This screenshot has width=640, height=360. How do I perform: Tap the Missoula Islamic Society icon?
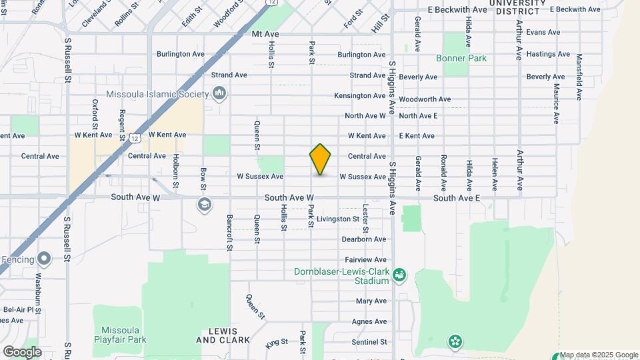click(219, 93)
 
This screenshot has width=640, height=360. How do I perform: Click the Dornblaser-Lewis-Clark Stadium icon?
click(399, 274)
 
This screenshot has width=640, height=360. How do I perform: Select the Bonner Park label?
click(461, 58)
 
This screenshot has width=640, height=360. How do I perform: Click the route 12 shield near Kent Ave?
click(135, 138)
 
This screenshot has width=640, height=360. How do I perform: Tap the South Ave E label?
click(456, 198)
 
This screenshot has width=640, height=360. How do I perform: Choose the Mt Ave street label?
click(265, 33)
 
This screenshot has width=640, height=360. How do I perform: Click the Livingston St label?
click(338, 219)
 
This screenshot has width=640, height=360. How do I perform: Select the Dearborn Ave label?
click(363, 239)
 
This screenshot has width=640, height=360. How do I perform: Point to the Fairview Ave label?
click(365, 259)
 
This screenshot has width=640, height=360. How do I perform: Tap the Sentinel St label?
click(369, 342)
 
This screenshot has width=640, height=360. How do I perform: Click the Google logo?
click(21, 351)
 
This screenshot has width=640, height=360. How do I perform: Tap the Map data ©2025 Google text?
click(599, 355)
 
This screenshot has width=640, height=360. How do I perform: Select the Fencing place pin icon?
click(45, 258)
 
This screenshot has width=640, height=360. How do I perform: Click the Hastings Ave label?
click(548, 54)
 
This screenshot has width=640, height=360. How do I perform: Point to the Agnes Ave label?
click(370, 321)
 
